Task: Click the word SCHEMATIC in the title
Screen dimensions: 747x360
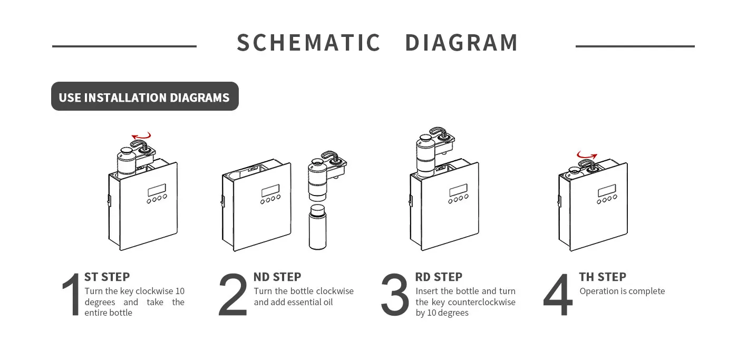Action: (308, 43)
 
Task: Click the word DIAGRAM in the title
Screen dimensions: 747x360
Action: (461, 43)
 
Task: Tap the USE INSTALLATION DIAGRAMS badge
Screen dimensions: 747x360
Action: (145, 96)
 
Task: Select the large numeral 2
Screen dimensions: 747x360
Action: (233, 294)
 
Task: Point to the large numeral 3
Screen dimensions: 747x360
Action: (395, 294)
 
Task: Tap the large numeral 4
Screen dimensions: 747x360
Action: (558, 294)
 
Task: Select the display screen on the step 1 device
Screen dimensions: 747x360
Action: (157, 190)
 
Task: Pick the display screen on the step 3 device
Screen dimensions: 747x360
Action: (458, 191)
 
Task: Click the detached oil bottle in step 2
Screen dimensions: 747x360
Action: (317, 227)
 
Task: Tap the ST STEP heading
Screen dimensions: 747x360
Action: (107, 277)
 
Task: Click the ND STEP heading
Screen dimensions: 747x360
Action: (277, 277)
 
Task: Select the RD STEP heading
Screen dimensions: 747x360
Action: (439, 277)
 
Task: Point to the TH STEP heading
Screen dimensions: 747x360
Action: (603, 277)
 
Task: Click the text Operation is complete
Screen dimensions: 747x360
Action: (622, 291)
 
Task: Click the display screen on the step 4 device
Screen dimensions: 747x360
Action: (607, 191)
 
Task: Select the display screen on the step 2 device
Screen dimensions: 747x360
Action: (270, 191)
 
